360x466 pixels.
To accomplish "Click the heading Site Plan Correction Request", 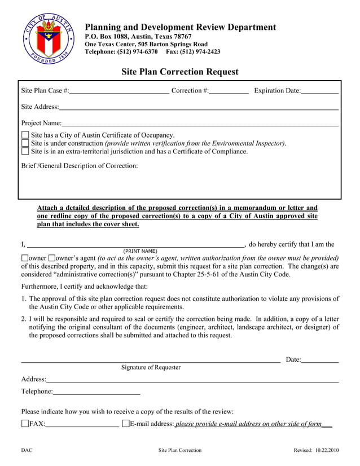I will (x=180, y=72).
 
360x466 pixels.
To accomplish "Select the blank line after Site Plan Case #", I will (x=119, y=90).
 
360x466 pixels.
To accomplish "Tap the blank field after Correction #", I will (x=229, y=90).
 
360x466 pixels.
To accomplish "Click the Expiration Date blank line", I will (x=319, y=90).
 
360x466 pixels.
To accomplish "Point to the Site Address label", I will (x=39, y=107).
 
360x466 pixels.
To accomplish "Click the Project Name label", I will (x=41, y=123).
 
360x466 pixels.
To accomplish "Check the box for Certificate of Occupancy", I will (x=25, y=135).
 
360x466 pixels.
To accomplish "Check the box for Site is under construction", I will (x=25, y=143).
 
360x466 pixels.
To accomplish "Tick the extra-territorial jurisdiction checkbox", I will (x=25, y=151).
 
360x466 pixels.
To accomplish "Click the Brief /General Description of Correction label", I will (x=80, y=166).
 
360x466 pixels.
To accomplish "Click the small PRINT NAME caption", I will (x=140, y=251).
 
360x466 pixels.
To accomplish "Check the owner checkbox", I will (x=24, y=258).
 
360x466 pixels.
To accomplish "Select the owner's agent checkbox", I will (x=52, y=258).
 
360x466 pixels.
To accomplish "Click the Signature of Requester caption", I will (x=151, y=367).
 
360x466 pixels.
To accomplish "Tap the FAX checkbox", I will (x=25, y=424).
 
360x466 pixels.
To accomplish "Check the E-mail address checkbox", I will (x=125, y=424).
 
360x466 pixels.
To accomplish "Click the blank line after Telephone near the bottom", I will (x=96, y=391).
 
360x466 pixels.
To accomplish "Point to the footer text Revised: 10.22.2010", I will (x=316, y=450).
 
